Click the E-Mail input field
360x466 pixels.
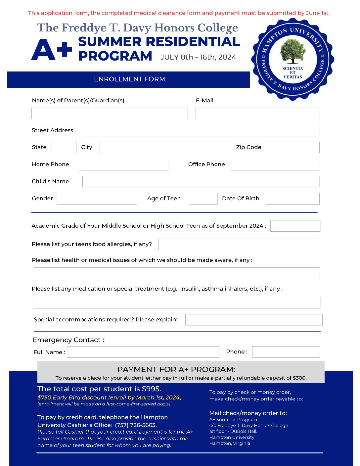point(257,113)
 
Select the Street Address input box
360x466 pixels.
point(202,130)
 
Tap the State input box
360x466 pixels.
point(64,147)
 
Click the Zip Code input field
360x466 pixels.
point(292,147)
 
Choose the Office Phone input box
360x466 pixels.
point(275,164)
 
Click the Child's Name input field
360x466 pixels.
point(201,181)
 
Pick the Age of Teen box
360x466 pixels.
point(203,199)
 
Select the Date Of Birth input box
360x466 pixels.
point(292,199)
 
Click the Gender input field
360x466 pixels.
point(97,199)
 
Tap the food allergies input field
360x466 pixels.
point(239,244)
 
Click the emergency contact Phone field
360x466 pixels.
point(286,352)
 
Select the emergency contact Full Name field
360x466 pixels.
point(143,352)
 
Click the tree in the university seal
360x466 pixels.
point(292,51)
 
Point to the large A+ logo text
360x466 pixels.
point(52,50)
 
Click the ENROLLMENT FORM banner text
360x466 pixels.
point(129,79)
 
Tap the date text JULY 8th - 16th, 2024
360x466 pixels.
point(198,57)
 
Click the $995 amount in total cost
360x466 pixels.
point(151,389)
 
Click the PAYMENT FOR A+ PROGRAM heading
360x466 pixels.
point(176,369)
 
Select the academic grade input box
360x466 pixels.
point(295,226)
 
